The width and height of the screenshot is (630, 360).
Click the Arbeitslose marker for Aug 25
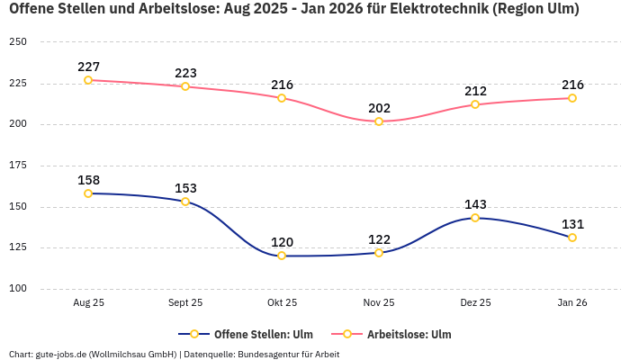pyautogui.click(x=88, y=80)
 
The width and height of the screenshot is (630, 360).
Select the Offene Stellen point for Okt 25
pyautogui.click(x=282, y=256)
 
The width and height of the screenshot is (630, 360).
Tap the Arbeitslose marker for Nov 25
pyautogui.click(x=379, y=121)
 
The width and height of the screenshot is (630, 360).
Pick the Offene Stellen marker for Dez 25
pyautogui.click(x=475, y=218)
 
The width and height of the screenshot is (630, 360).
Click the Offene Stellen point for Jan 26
pyautogui.click(x=572, y=238)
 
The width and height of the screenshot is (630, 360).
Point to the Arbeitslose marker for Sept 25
pyautogui.click(x=185, y=86)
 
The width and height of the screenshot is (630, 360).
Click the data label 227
pyautogui.click(x=88, y=67)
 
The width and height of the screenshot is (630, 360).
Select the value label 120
pyautogui.click(x=282, y=242)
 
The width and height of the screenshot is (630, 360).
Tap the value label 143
pyautogui.click(x=475, y=204)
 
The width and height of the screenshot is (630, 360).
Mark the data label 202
pyautogui.click(x=379, y=108)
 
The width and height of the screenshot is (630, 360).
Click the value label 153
pyautogui.click(x=185, y=188)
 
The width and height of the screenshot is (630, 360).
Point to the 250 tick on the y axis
pyautogui.click(x=17, y=42)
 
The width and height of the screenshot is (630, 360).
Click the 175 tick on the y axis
pyautogui.click(x=17, y=166)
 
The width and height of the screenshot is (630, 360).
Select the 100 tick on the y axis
pyautogui.click(x=17, y=289)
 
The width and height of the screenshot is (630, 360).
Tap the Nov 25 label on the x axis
pyautogui.click(x=379, y=303)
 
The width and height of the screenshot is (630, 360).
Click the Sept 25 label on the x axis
pyautogui.click(x=185, y=303)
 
